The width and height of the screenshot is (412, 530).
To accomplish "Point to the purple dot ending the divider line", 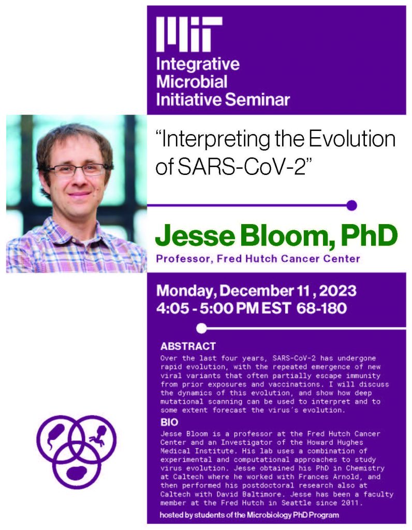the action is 351,205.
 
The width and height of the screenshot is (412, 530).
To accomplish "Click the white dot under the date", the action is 201,328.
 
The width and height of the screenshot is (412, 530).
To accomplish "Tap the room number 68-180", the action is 321,308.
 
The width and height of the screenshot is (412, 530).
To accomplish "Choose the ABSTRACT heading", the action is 188,346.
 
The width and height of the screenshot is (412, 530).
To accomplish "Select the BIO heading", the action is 169,422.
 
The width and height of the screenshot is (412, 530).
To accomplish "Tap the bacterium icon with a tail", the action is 55,436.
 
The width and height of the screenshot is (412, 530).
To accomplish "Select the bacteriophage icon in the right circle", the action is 98,435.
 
